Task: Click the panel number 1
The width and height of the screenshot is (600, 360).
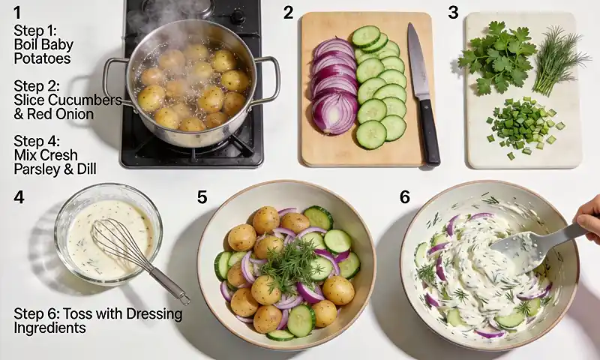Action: coord(18,12)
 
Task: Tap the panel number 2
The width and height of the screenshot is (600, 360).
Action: coord(288,12)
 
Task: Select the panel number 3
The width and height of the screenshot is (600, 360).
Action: coord(453,12)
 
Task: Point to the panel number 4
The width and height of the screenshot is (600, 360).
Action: coord(19,196)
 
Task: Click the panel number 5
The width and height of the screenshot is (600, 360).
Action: coord(202,196)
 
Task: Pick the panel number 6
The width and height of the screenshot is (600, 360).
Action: coord(405,196)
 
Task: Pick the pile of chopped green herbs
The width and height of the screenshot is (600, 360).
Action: coord(525,124)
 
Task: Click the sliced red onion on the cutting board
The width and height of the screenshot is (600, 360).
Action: coord(334,86)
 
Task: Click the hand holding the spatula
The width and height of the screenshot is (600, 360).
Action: coord(589,217)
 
